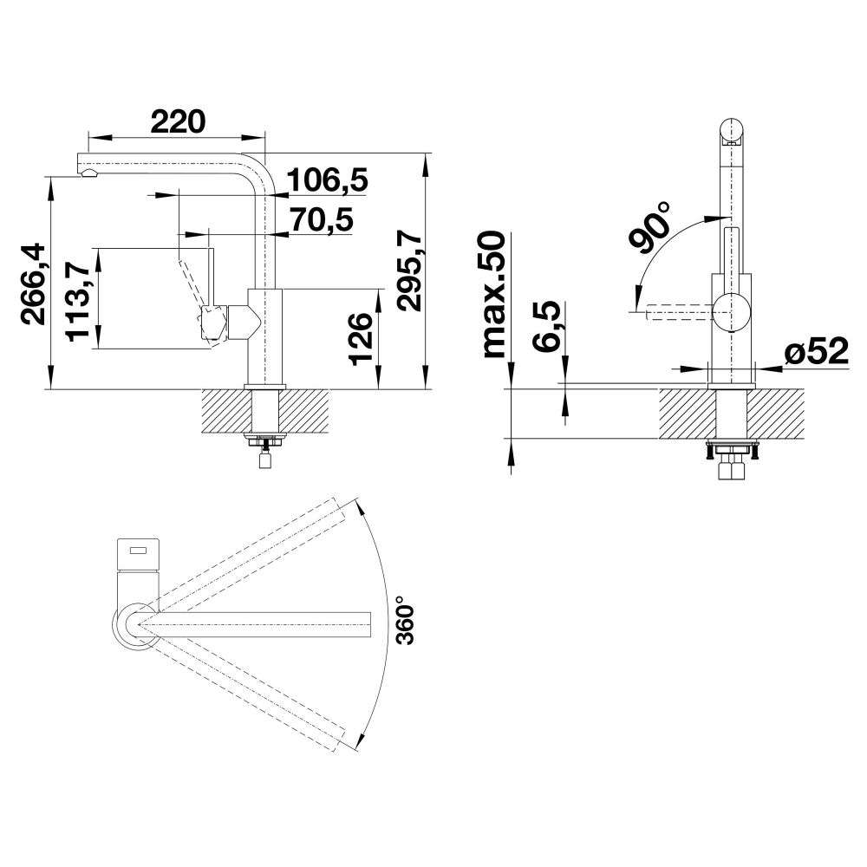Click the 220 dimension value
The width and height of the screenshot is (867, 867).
pyautogui.click(x=178, y=121)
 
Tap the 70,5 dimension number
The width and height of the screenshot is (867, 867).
pyautogui.click(x=322, y=219)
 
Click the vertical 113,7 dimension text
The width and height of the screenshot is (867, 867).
pyautogui.click(x=77, y=302)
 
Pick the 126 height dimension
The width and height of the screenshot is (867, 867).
pyautogui.click(x=362, y=338)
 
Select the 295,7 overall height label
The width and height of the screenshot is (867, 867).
pyautogui.click(x=410, y=272)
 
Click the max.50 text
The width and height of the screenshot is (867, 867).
pyautogui.click(x=494, y=295)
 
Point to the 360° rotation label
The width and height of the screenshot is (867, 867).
pyautogui.click(x=405, y=620)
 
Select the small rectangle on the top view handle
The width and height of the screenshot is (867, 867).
pyautogui.click(x=138, y=551)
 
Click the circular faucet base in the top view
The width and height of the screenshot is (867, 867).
pyautogui.click(x=136, y=626)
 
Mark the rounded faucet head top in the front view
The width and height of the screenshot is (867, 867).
pyautogui.click(x=732, y=131)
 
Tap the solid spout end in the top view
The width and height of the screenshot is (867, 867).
pyautogui.click(x=365, y=624)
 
